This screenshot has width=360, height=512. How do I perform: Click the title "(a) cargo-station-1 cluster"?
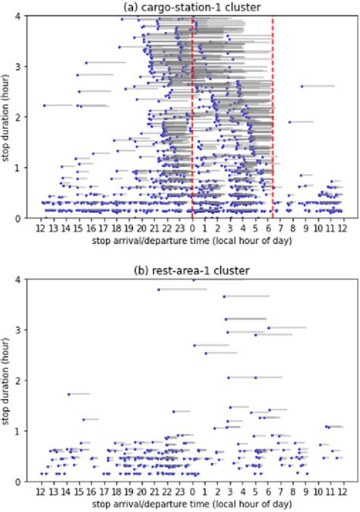[x=191, y=7]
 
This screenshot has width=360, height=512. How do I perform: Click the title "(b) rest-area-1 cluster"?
[x=191, y=270]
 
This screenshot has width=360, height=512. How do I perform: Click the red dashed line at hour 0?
[x=192, y=114]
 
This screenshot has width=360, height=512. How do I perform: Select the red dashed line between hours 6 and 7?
[x=273, y=114]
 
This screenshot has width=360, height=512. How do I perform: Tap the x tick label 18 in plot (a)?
[x=117, y=228]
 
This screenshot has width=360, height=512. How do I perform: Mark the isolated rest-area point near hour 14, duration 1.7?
[x=69, y=393]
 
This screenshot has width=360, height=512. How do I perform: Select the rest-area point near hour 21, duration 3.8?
[x=159, y=289]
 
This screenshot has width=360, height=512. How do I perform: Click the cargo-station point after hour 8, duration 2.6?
[x=302, y=87]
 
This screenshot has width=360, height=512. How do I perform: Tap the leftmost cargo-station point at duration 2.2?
[x=44, y=105]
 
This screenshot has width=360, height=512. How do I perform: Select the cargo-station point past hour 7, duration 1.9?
[x=289, y=122]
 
